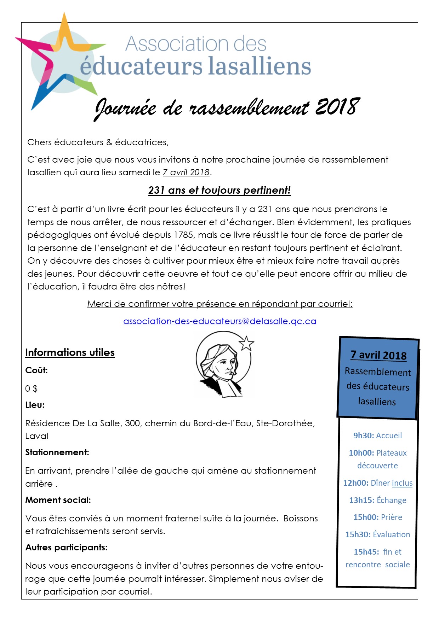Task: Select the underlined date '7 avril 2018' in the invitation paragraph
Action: pos(186,172)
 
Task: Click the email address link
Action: pos(219,321)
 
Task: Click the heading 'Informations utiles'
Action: pos(70,352)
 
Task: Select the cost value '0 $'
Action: pos(31,389)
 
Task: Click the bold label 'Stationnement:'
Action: pos(57,452)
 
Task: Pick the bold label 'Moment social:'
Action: pos(58,500)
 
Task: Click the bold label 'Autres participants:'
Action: pos(66,548)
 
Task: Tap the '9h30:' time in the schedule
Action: pos(364,435)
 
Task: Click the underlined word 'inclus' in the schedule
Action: pos(402,483)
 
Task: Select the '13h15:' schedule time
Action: pos(361,500)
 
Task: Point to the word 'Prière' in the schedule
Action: pos(392,517)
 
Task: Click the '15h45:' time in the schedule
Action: pos(366,552)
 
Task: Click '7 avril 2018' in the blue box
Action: pos(378,355)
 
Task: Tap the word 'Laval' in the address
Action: pos(37,436)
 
